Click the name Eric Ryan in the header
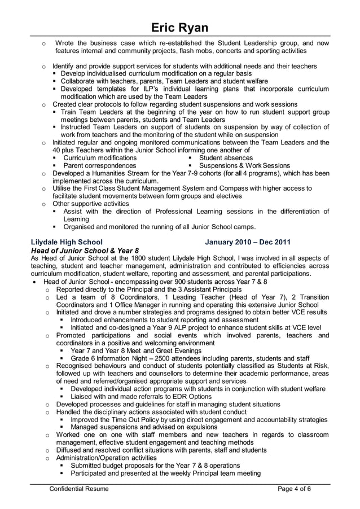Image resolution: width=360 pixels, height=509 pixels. coord(180,28)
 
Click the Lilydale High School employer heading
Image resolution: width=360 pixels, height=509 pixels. coord(67,242)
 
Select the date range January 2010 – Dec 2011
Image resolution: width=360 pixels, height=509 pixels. coord(248,242)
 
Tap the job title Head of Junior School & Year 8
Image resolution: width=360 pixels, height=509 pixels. coord(85,250)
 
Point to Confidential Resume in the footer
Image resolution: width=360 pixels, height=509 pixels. coord(80,489)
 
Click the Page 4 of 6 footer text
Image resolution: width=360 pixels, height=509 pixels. coord(294,489)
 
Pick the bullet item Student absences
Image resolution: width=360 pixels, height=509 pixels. coord(226,158)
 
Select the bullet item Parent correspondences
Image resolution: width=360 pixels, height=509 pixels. coord(99,166)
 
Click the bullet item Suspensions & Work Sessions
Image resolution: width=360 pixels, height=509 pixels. coord(245,166)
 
